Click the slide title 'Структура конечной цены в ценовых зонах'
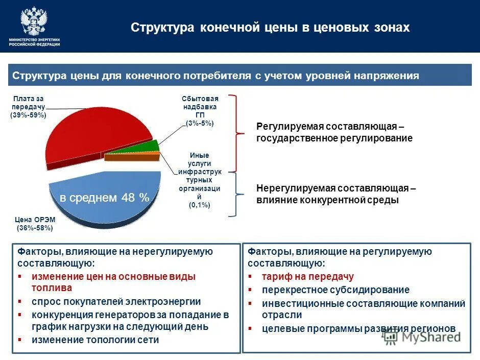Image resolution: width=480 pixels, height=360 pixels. [x=270, y=28]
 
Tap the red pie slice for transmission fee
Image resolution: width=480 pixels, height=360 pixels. [x=92, y=133]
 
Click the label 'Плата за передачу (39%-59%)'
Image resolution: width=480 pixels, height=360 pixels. [x=29, y=107]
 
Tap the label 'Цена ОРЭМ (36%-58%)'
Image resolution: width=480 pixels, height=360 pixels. [x=34, y=224]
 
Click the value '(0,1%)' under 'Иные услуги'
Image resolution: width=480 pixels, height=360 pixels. [x=200, y=205]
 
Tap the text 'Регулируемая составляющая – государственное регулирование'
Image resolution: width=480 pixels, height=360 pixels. [x=334, y=132]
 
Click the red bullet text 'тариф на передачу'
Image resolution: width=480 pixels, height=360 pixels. [x=307, y=277]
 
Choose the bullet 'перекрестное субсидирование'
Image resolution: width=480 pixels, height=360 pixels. [x=335, y=290]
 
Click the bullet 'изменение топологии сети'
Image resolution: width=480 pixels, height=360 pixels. [x=95, y=340]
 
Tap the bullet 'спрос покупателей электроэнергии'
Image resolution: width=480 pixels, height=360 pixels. [x=116, y=302]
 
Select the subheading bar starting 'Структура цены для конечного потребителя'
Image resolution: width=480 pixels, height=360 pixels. [x=240, y=76]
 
